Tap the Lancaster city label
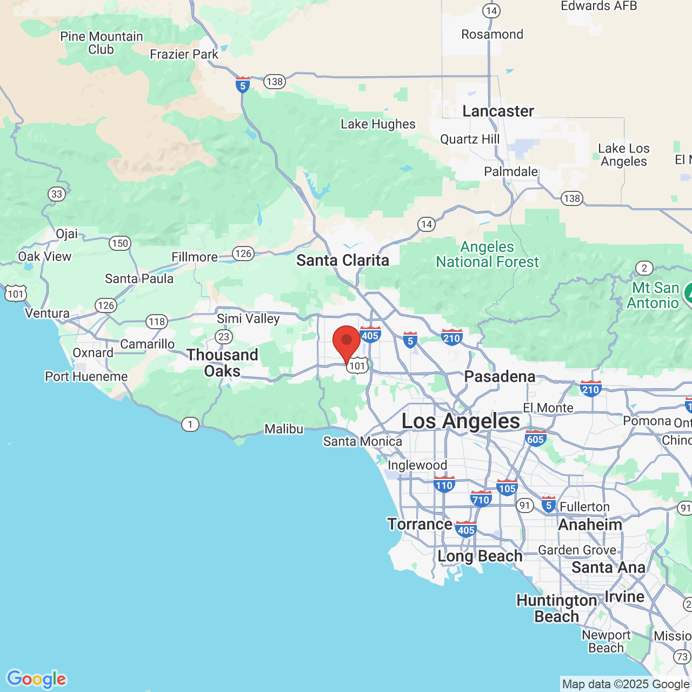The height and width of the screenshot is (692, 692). coord(498,111)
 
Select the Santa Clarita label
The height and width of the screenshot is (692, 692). coord(343,261)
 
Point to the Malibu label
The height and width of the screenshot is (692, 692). coord(284,429)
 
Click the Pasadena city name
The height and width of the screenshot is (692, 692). coord(500,376)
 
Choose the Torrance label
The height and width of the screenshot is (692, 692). coord(420,524)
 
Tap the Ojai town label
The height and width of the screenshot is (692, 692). coord(67,234)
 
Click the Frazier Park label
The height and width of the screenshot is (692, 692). coord(184,55)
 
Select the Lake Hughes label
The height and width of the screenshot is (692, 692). coord(378,124)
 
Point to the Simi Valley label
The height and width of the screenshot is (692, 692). coord(248,318)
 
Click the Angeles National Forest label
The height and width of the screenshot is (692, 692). coord(487,255)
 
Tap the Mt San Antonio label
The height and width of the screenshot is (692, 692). coord(655,295)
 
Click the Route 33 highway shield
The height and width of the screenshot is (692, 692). coord(57,194)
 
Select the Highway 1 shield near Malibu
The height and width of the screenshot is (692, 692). coord(190,424)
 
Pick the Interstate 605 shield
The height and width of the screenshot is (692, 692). coord(535,439)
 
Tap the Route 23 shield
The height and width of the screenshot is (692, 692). coord(224,337)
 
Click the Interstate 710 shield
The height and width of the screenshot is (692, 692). coord(481,499)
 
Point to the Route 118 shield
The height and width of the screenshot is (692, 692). coord(157,322)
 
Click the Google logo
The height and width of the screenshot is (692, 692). coord(37,679)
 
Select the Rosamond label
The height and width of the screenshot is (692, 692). coord(492,35)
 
